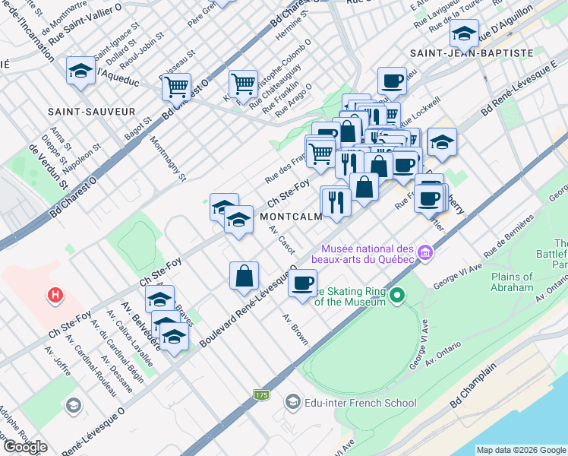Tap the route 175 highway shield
tap(262, 395)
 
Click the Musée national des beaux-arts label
tap(367, 255)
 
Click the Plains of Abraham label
tap(512, 282)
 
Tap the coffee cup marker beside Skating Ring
tap(303, 283)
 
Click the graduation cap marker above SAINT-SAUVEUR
tap(80, 71)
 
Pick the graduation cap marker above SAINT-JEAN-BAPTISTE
tap(463, 32)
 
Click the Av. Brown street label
tap(296, 329)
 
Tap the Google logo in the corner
tap(25, 447)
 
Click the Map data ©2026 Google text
tap(521, 450)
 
